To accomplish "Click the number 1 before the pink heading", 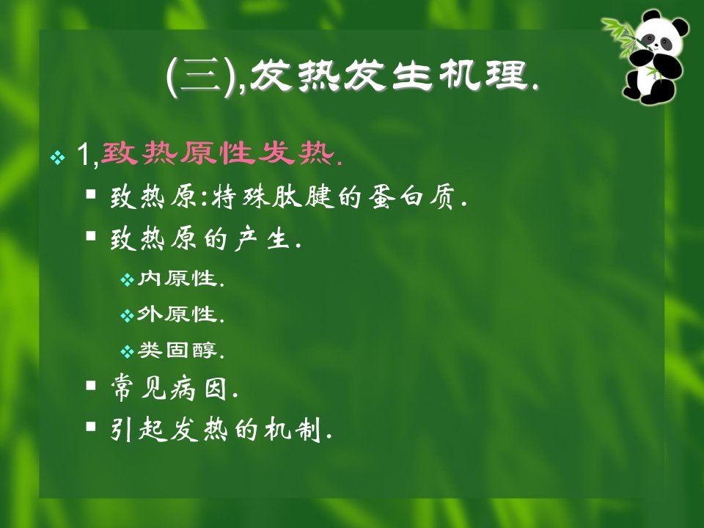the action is (84, 155).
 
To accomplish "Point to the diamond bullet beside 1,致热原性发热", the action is (58, 157).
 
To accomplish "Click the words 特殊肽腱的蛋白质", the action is (340, 197).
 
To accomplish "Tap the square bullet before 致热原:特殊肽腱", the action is (91, 194).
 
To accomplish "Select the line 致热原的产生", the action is (205, 238).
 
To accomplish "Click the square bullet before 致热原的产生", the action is (91, 235).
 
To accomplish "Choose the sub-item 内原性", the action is (180, 279).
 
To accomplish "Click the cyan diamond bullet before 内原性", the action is (128, 281).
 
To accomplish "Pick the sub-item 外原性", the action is (180, 314).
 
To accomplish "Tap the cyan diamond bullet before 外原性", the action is (128, 316).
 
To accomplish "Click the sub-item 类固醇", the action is (180, 350).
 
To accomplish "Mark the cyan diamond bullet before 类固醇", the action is (128, 351).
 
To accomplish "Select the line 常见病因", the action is (175, 388).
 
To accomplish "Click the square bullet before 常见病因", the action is (91, 385).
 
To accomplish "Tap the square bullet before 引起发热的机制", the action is (91, 426).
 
